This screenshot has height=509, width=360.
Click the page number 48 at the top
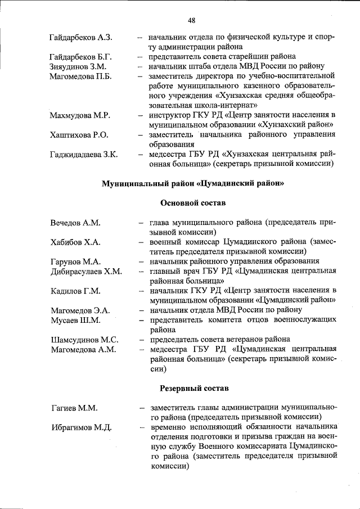[191, 21]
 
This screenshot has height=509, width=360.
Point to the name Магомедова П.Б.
[81, 76]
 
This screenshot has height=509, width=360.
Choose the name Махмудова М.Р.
[79, 115]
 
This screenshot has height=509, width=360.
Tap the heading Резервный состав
[192, 388]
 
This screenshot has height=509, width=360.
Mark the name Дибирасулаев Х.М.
[85, 271]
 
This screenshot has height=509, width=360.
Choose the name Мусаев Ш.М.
[73, 320]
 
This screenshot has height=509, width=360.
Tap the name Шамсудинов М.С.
[84, 339]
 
